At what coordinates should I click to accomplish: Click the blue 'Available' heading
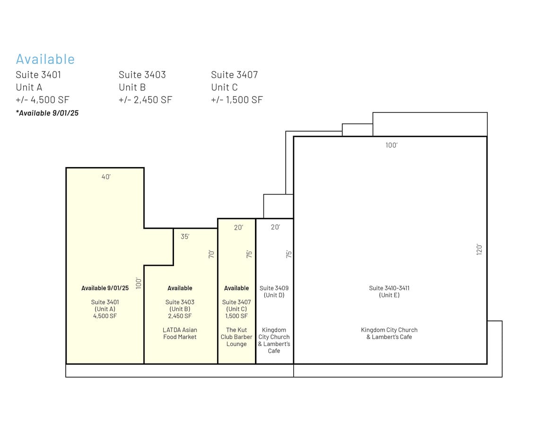[45, 59]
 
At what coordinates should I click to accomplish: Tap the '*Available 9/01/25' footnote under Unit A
[47, 113]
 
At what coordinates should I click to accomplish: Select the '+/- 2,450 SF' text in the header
[146, 100]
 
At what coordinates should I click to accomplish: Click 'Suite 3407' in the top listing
[235, 75]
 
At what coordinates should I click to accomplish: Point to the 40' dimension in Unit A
[106, 177]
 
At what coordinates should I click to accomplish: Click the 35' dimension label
[185, 236]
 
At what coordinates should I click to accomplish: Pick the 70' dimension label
[211, 254]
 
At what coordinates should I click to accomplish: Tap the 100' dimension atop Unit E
[392, 145]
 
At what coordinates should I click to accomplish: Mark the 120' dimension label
[479, 249]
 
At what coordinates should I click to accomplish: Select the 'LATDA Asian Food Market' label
[180, 334]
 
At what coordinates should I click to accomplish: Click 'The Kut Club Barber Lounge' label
[236, 337]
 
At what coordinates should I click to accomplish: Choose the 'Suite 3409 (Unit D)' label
[274, 292]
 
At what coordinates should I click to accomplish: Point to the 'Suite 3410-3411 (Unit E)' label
[389, 292]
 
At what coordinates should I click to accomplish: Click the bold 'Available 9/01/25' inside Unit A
[105, 288]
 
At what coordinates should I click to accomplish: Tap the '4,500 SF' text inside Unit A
[105, 316]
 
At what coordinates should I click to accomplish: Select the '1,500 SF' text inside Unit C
[236, 316]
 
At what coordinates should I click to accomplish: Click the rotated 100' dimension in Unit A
[139, 283]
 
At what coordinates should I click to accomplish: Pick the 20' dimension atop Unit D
[275, 227]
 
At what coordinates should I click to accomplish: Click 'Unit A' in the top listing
[29, 87]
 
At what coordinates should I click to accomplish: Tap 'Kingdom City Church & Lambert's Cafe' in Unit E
[389, 334]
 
